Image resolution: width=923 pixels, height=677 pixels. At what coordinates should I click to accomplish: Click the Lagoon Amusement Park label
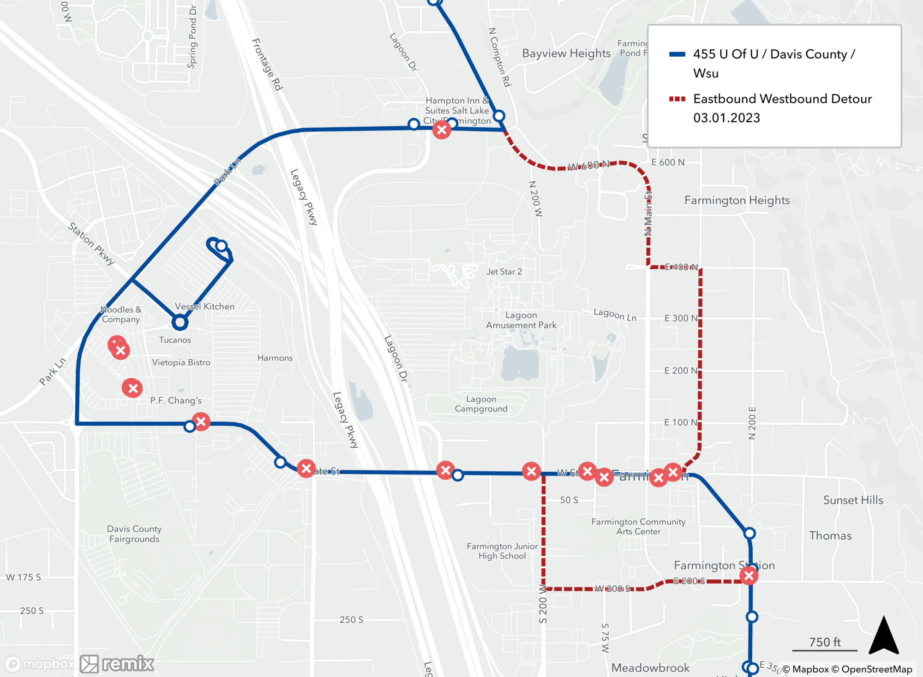(x=521, y=320)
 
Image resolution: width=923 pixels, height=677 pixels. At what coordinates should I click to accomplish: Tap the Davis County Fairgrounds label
(x=134, y=534)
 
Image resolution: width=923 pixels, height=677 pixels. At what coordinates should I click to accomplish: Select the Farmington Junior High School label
(x=502, y=551)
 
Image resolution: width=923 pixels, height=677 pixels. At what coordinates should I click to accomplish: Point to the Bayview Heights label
(x=566, y=53)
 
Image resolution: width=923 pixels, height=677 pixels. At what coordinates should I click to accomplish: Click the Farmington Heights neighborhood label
(x=737, y=200)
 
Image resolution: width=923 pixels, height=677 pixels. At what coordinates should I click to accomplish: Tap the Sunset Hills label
(x=853, y=500)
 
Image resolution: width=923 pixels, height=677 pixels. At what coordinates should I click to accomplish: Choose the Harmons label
(x=275, y=358)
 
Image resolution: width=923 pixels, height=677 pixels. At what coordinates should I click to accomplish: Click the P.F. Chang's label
(x=176, y=400)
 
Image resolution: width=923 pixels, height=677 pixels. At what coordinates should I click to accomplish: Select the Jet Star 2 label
(x=504, y=272)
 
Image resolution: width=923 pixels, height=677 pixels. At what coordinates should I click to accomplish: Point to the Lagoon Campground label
(x=481, y=404)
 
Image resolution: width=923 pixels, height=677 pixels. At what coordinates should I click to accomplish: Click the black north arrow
(x=883, y=636)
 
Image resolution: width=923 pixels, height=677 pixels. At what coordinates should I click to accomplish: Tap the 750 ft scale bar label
(x=825, y=642)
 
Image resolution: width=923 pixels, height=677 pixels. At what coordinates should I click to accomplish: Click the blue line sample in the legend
(x=677, y=54)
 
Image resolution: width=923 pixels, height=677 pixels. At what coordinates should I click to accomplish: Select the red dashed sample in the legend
(x=677, y=99)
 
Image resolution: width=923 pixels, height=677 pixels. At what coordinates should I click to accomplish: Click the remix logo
(x=117, y=664)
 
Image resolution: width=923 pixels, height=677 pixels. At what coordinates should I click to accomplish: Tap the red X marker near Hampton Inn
(x=442, y=130)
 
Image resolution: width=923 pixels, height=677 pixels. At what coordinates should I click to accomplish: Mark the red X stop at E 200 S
(x=749, y=576)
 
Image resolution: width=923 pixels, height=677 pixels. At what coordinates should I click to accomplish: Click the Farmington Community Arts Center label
(x=638, y=527)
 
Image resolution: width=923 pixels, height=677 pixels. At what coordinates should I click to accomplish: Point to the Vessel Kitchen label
(x=204, y=306)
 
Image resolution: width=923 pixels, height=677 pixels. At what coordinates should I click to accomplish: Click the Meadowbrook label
(x=650, y=668)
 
